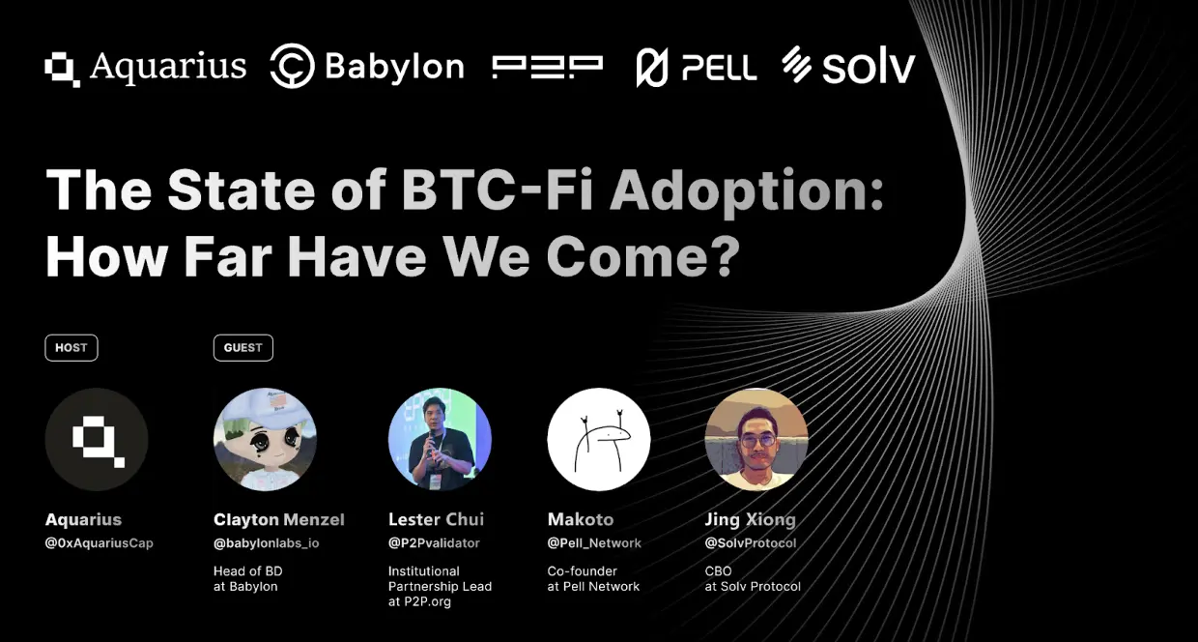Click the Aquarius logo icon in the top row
click(63, 69)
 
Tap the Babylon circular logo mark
click(292, 67)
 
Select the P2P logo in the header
click(547, 67)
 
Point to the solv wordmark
click(867, 67)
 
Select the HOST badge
click(71, 348)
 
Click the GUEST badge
click(243, 348)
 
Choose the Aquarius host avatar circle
click(97, 440)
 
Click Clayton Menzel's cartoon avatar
click(265, 440)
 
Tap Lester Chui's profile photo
click(440, 440)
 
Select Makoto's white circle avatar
click(599, 440)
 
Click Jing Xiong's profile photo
click(756, 440)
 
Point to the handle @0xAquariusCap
click(100, 543)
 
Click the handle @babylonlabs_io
click(266, 543)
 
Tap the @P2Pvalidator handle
click(434, 543)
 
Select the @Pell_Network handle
click(594, 543)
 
